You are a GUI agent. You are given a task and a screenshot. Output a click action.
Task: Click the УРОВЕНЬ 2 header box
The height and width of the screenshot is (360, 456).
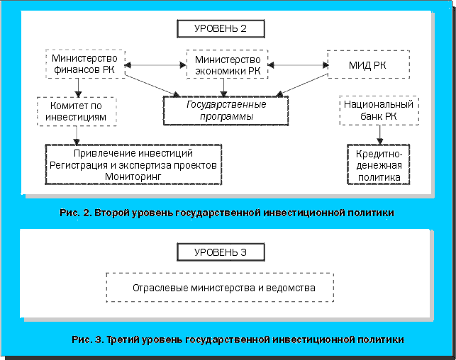(x=220, y=29)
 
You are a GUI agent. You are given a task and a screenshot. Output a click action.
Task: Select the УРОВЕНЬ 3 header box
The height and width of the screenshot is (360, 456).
(x=220, y=252)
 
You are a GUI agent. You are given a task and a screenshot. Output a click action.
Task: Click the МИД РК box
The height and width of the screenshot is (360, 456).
(x=368, y=65)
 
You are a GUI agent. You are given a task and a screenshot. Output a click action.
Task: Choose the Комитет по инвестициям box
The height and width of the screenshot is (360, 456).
(x=77, y=111)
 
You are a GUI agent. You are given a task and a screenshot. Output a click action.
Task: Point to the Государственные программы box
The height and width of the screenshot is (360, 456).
(x=226, y=110)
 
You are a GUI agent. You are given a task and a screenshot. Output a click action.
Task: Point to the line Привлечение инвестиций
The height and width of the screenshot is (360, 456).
(x=133, y=153)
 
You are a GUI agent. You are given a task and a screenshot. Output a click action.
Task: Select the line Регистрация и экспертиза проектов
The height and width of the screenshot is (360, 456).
(x=133, y=164)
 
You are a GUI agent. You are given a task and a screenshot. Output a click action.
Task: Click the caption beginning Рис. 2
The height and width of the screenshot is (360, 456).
(x=228, y=212)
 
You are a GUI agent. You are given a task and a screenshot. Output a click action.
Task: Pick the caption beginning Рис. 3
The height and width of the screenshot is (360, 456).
(x=238, y=339)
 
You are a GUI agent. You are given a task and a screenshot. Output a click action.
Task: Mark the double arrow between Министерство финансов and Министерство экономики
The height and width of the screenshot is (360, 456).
(x=156, y=66)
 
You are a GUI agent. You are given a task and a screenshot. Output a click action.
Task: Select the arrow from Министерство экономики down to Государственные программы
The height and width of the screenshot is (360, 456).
(x=225, y=87)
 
